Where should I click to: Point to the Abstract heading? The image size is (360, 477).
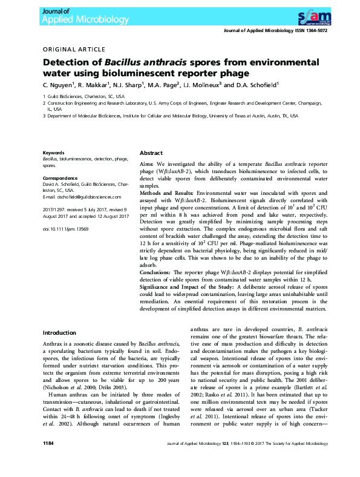pos(151,153)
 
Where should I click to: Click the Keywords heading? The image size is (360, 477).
pos(53,153)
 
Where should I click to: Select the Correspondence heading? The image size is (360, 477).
pos(59,179)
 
